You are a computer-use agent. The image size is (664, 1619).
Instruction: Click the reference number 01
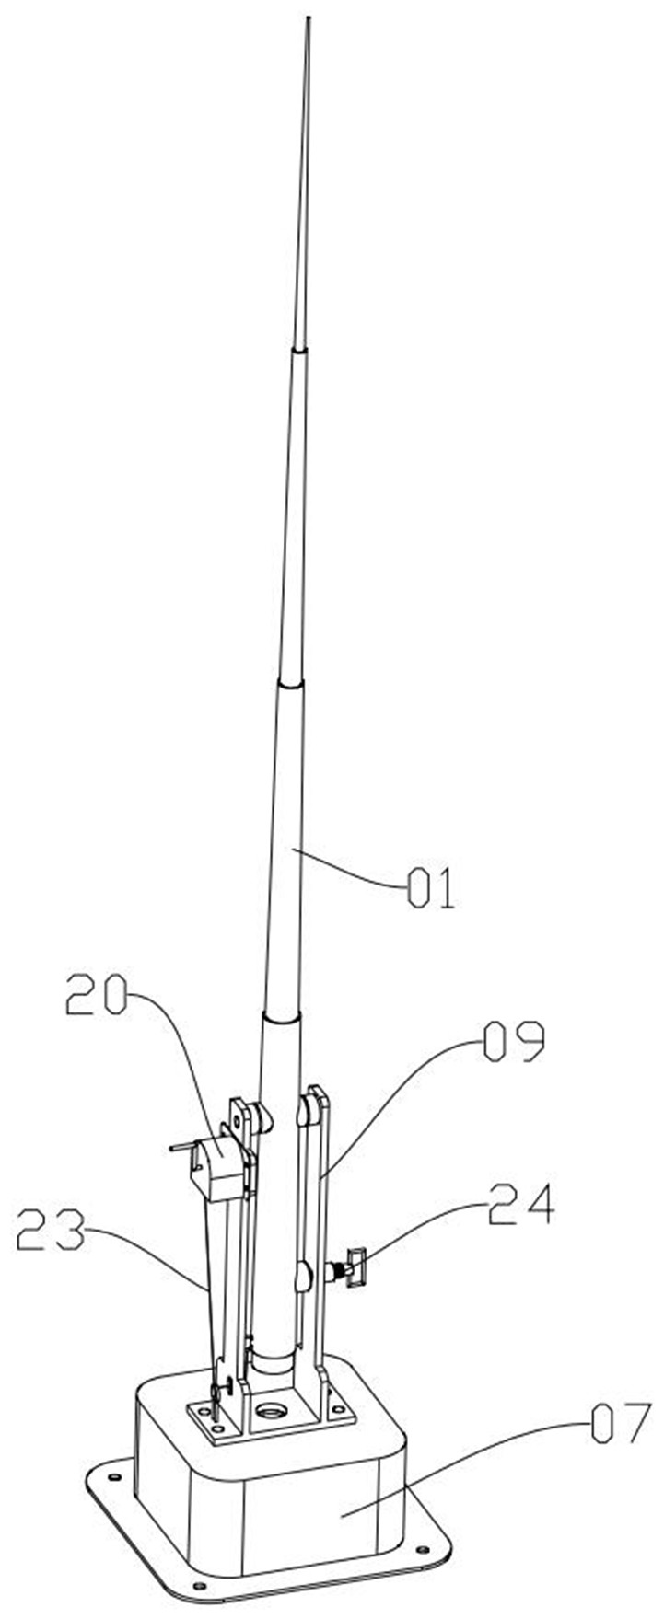pos(432,890)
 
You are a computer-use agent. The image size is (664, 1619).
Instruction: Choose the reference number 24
pos(520,1205)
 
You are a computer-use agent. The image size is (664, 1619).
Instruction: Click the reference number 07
pos(618,1426)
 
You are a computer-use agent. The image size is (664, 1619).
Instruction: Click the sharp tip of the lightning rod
pos(307,17)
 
